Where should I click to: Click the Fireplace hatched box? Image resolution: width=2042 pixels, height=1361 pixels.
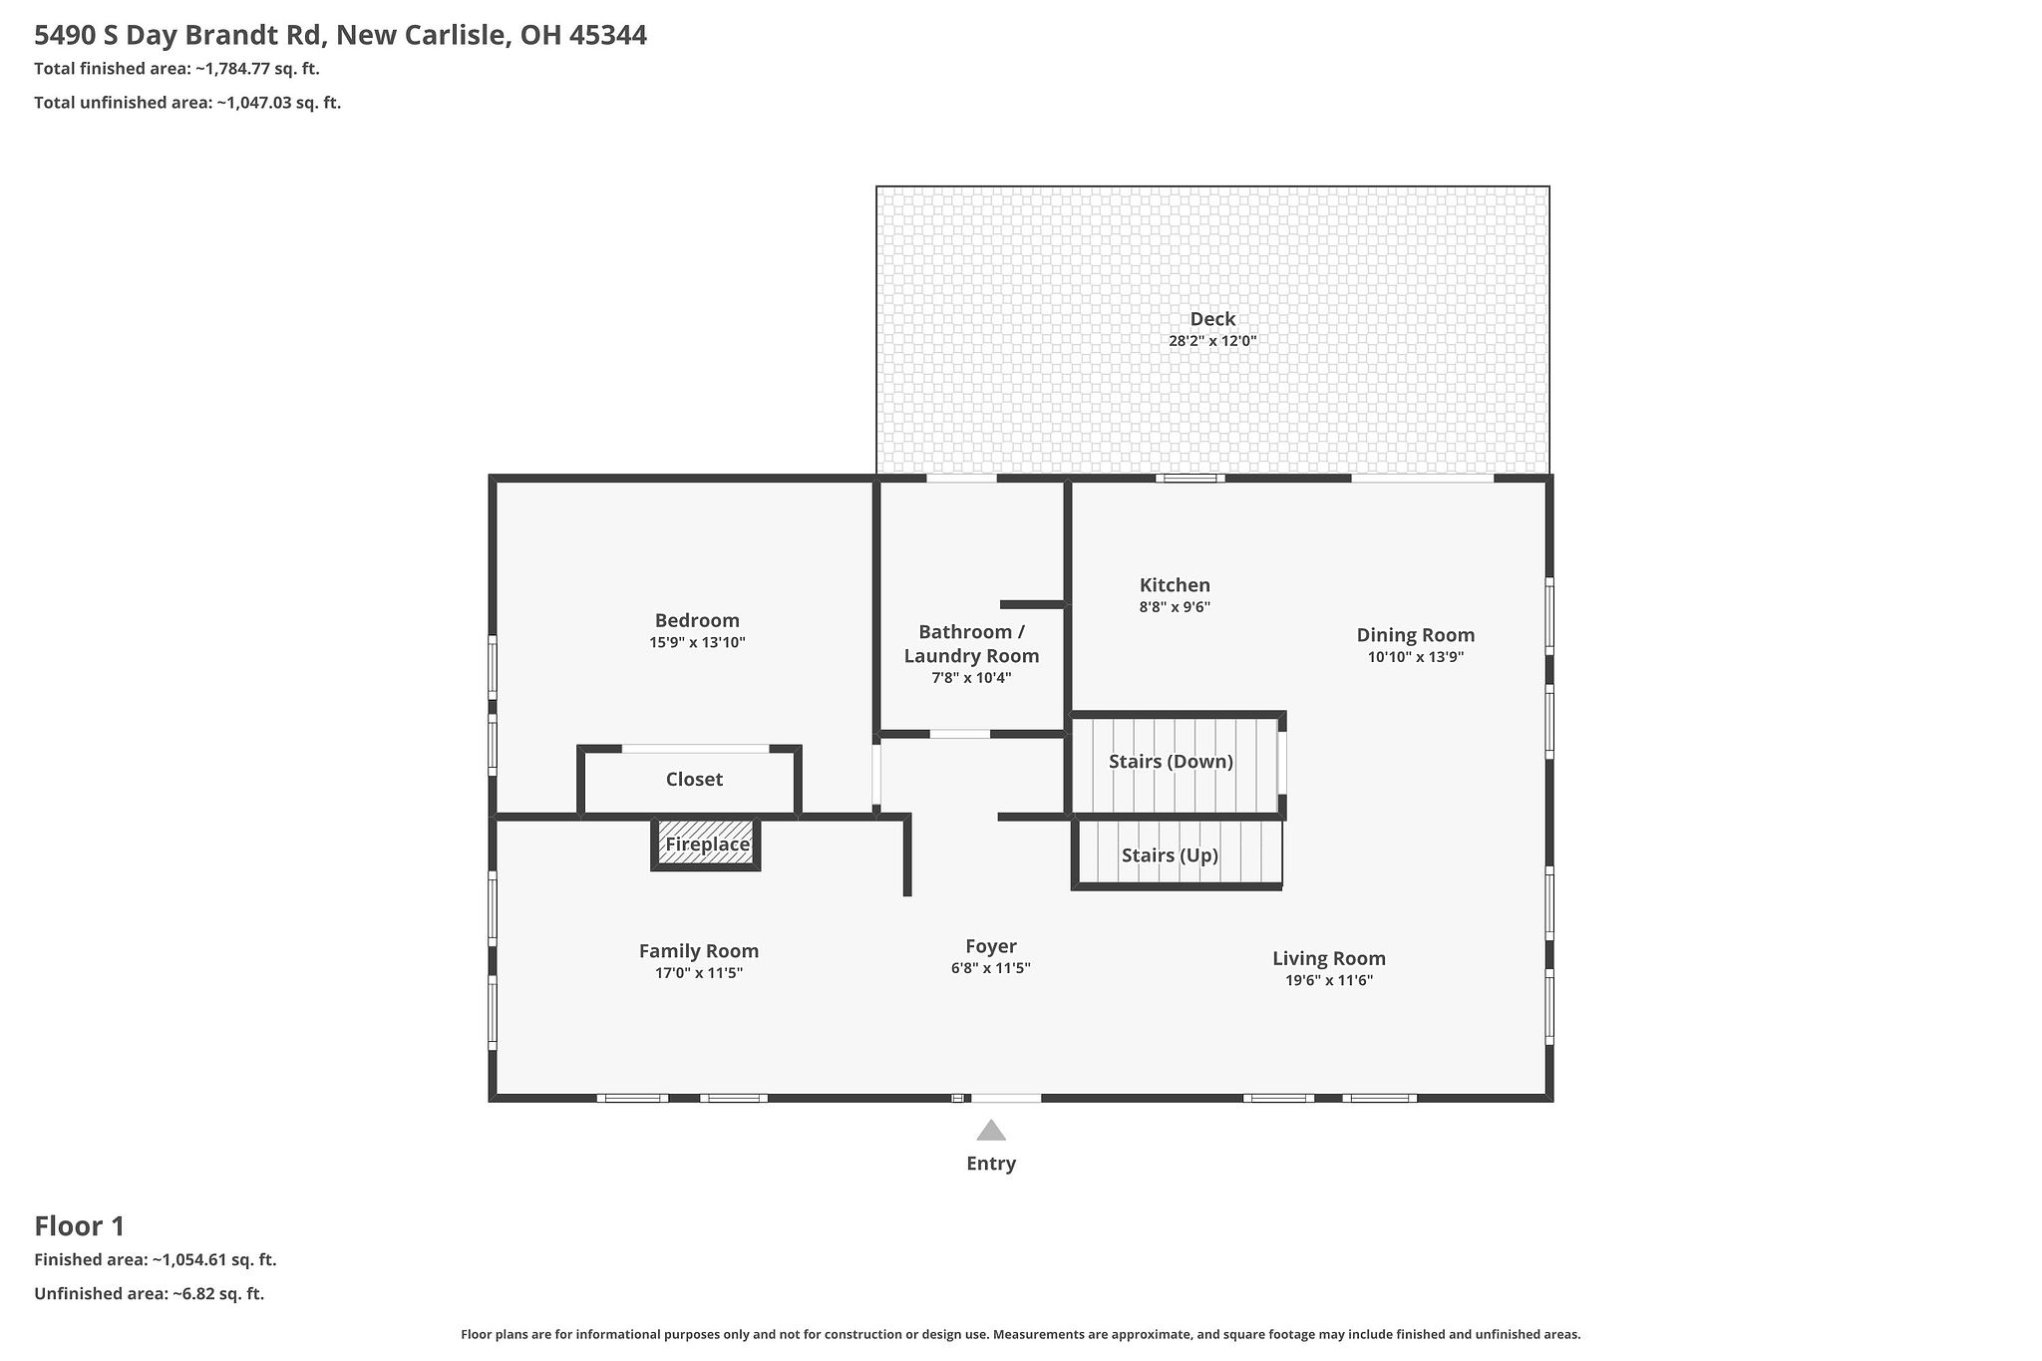706,845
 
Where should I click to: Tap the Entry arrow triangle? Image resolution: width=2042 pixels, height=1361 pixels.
990,1130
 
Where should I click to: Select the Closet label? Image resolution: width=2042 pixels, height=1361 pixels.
694,779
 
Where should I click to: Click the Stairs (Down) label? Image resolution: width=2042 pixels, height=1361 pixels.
1171,762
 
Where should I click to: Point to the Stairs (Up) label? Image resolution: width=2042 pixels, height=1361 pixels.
1170,855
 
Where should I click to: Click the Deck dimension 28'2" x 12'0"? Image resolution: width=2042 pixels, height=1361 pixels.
1212,341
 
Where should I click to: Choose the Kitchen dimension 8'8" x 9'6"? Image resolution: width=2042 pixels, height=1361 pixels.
1175,607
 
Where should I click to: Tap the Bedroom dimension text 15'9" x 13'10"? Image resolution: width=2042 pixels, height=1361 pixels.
697,643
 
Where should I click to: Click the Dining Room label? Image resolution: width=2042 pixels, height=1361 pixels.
1415,635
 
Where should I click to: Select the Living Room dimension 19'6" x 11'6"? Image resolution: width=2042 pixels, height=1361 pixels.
1328,980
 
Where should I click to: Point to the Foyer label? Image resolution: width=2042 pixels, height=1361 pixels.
990,946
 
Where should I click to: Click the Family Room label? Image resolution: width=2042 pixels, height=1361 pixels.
698,951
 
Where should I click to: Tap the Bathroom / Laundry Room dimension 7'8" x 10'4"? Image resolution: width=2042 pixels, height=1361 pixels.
971,678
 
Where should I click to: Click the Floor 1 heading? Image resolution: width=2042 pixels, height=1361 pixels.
80,1226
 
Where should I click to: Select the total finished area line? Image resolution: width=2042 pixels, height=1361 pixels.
176,69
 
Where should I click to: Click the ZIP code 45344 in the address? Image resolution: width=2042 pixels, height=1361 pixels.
608,36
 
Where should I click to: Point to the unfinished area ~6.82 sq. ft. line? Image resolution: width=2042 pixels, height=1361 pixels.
149,1294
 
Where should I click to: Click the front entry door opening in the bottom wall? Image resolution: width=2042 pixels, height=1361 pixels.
1005,1098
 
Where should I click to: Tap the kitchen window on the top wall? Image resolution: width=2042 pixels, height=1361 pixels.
1191,479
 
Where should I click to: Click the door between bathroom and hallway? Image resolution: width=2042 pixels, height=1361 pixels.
959,734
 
